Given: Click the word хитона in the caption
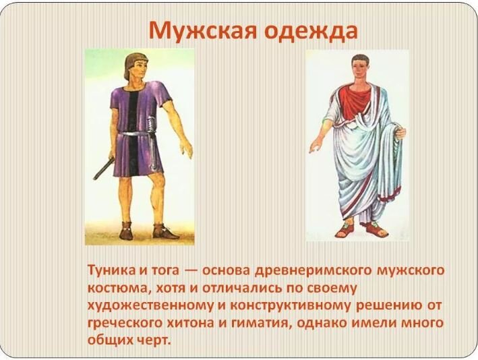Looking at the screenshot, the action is [191, 323].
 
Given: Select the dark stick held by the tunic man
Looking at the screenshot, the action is [104, 169].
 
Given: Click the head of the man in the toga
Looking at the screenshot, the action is [359, 70].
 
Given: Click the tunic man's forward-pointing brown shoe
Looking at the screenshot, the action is [165, 233].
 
